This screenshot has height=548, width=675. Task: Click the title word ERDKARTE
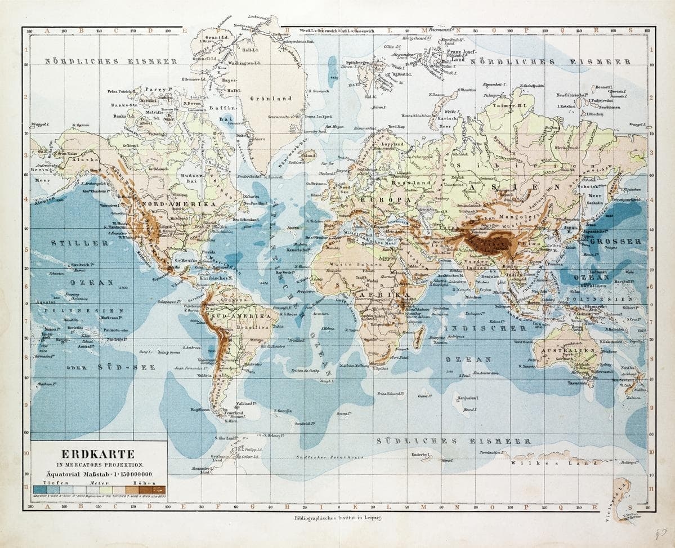tap(99, 453)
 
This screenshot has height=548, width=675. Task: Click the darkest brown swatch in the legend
tap(160, 488)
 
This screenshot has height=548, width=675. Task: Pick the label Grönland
tap(271, 98)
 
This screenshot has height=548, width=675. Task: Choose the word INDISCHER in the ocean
tap(485, 328)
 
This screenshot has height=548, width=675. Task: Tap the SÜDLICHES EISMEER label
tap(453, 441)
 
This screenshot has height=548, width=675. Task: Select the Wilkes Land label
tap(555, 462)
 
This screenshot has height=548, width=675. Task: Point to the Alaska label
tap(74, 159)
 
